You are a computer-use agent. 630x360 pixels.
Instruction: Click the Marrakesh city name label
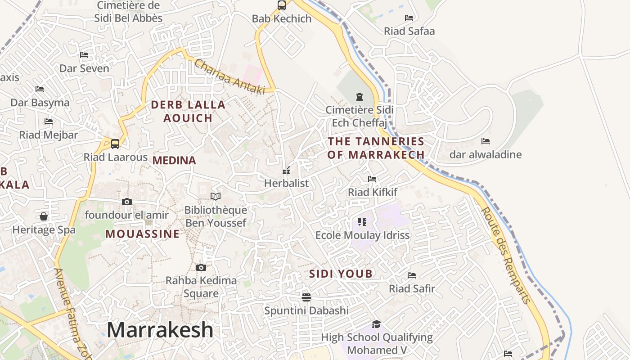(160, 330)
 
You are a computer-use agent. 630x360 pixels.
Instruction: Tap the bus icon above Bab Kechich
(282, 5)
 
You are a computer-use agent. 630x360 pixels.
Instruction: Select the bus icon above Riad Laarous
(115, 144)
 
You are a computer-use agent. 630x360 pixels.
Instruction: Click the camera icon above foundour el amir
(127, 202)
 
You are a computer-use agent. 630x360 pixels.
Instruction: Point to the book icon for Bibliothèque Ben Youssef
(216, 196)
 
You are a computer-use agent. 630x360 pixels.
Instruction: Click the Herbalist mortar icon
(286, 171)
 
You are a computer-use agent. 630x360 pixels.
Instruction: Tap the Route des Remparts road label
(506, 255)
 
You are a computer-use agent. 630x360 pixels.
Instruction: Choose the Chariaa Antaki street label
(229, 76)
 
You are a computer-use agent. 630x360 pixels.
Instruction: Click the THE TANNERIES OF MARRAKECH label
(376, 148)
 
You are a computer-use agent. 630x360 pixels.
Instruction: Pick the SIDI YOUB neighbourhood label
(341, 274)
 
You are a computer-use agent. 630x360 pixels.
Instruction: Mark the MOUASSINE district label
(143, 234)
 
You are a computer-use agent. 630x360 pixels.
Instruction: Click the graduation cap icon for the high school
(376, 324)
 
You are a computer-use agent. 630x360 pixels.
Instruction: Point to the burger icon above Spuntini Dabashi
(306, 297)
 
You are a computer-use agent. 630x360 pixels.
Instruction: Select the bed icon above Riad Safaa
(409, 18)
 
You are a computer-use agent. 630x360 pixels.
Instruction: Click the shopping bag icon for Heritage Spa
(44, 216)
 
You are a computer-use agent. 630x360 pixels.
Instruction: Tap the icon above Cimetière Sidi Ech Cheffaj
(359, 96)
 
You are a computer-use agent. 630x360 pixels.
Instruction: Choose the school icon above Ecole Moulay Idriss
(362, 221)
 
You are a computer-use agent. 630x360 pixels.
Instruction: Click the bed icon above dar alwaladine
(486, 141)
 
